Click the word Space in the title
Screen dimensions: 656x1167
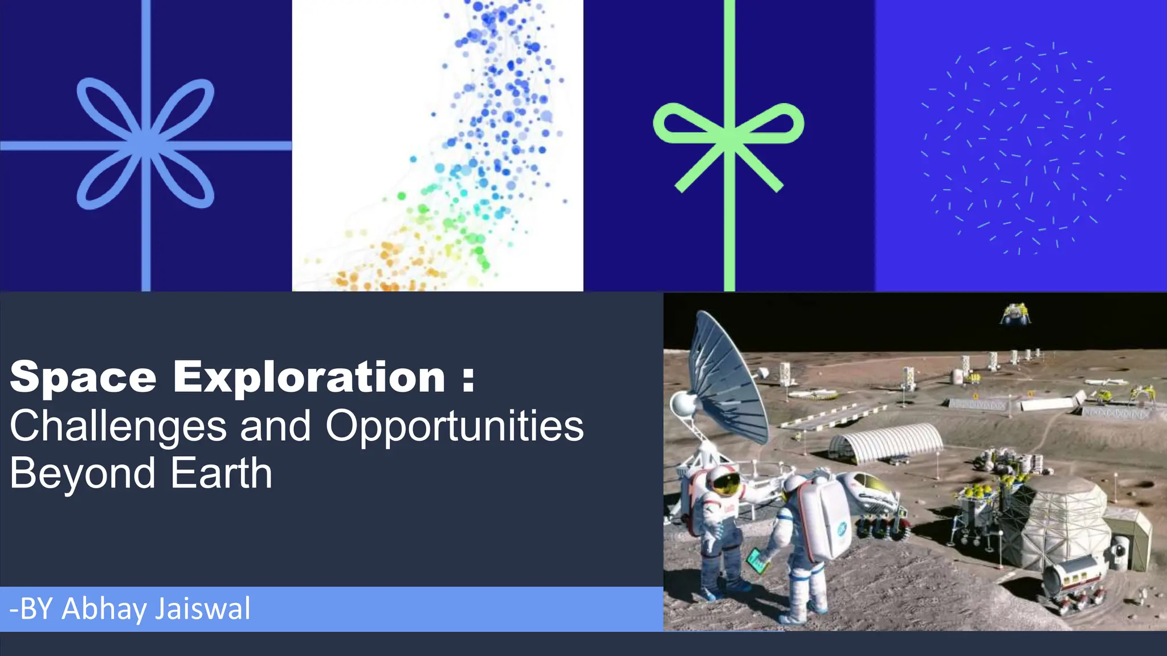(83, 378)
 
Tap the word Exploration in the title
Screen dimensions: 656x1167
(309, 378)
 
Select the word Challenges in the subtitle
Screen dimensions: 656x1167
(117, 427)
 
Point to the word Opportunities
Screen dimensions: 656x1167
(454, 427)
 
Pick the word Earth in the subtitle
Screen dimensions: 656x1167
(221, 473)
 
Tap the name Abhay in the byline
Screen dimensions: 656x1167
(104, 609)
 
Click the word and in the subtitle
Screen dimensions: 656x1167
(275, 427)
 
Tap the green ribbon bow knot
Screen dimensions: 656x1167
(729, 137)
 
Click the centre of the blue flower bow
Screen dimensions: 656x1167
(146, 143)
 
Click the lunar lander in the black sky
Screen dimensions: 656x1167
(1015, 314)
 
